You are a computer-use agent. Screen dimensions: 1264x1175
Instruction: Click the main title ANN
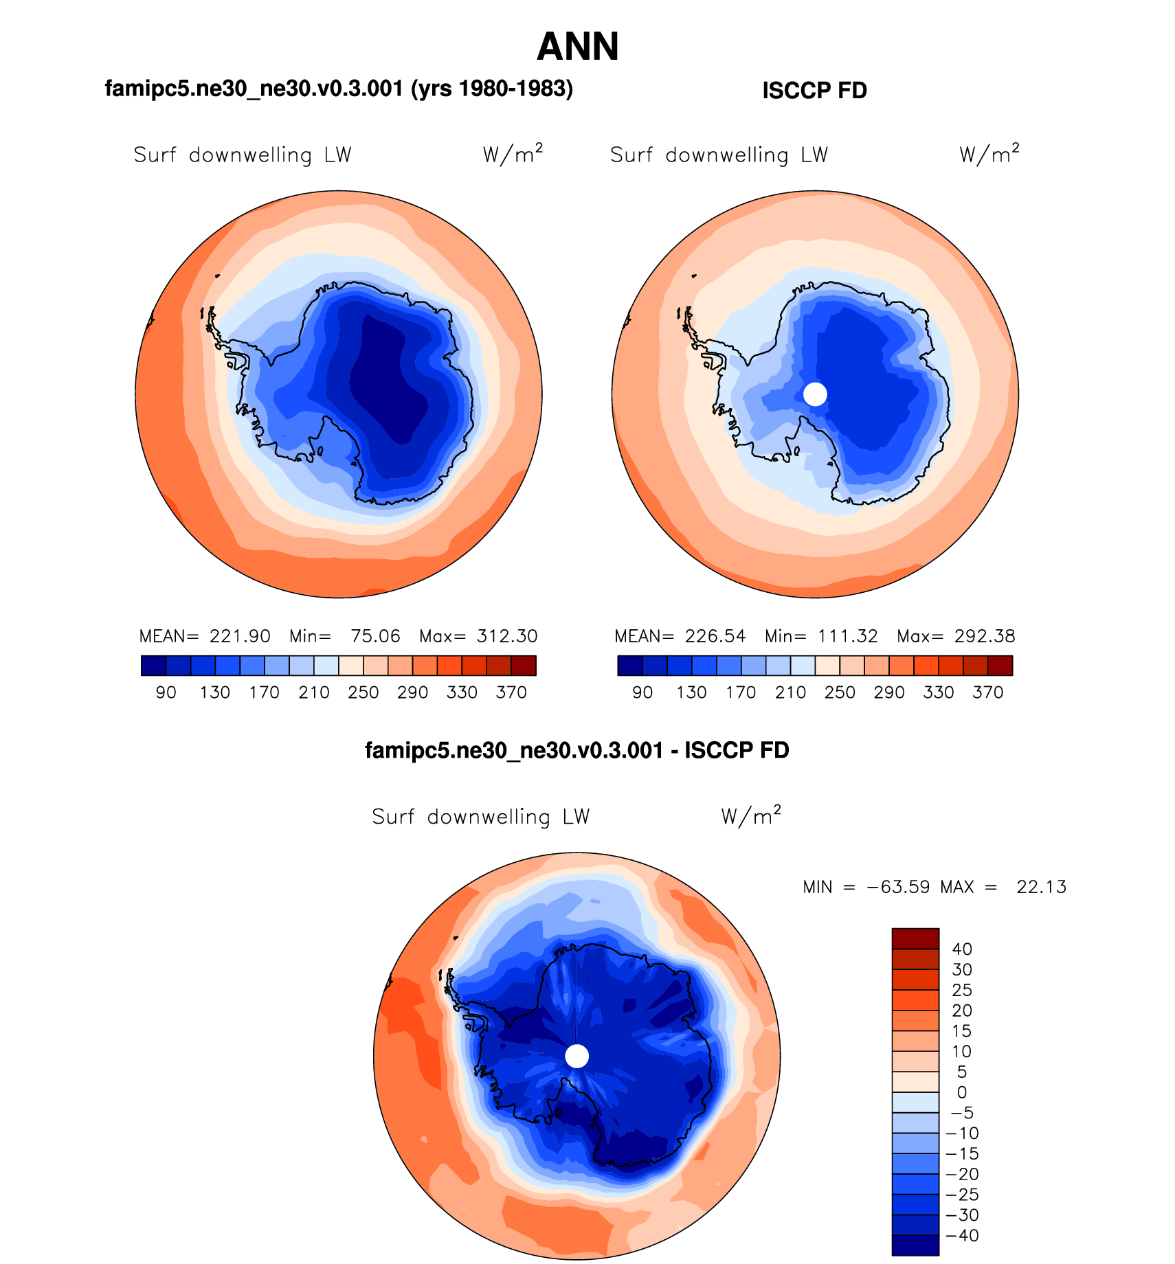pos(578,47)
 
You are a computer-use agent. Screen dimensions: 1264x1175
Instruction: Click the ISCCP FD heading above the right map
pos(814,91)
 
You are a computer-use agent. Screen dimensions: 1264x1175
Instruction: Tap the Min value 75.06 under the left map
pos(375,636)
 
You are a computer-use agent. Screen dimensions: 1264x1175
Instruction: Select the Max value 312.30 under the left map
pos(507,636)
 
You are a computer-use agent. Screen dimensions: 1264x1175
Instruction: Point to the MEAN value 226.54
pos(715,636)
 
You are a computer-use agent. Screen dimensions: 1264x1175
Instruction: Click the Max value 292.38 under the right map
pos(985,636)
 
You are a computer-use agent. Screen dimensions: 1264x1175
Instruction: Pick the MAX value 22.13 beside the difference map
pos(1041,887)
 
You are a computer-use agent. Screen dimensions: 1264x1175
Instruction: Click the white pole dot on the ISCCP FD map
pos(815,394)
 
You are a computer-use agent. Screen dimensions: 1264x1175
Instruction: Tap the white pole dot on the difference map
pos(577,1057)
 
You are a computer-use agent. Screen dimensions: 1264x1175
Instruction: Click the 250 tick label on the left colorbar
pos(363,692)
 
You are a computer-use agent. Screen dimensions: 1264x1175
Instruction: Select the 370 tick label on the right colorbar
pos(987,692)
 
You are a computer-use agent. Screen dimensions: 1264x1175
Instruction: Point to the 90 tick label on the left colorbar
pos(166,692)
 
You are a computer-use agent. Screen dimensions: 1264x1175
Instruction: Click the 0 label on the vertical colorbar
pos(961,1092)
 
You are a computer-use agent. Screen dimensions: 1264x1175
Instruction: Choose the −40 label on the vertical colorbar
pos(962,1235)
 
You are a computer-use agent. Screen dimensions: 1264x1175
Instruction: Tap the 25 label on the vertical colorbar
pos(961,990)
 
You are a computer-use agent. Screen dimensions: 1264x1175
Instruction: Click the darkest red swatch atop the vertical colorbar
pos(915,938)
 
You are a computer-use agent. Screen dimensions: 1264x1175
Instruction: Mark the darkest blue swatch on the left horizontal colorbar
pos(153,666)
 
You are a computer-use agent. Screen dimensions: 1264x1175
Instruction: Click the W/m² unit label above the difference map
pos(751,815)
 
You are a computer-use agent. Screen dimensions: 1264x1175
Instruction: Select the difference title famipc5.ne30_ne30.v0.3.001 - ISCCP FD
pos(577,750)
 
